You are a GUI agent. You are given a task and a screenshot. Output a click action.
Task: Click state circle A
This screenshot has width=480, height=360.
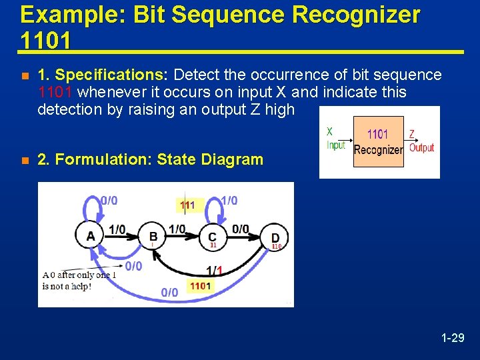(91, 236)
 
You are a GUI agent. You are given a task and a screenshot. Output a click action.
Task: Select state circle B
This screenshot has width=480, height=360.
(153, 236)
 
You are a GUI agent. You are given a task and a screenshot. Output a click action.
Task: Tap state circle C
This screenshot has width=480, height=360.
(212, 237)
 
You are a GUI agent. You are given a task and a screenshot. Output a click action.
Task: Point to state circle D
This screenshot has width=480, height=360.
(275, 238)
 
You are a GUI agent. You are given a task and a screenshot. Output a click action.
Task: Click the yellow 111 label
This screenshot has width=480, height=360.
(187, 205)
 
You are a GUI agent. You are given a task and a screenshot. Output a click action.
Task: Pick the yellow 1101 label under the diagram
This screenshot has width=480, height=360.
(200, 286)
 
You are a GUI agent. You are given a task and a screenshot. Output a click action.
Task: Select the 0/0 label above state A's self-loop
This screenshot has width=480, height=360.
(109, 200)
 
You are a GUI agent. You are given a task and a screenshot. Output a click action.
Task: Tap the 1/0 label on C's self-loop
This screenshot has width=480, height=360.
(229, 200)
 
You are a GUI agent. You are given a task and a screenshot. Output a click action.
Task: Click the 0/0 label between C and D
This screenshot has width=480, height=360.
(241, 229)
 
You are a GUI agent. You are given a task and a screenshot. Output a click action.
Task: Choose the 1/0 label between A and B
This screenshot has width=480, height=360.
(117, 229)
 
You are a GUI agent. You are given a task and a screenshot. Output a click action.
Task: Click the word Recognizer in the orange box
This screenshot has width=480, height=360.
(378, 150)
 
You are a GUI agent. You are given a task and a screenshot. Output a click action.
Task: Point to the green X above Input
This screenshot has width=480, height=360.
(329, 132)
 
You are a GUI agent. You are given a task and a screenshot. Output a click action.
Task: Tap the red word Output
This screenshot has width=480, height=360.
(421, 147)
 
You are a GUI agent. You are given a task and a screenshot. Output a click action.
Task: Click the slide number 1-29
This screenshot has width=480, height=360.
(453, 338)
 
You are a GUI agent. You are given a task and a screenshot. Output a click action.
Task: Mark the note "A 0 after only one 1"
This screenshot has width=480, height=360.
(75, 275)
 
